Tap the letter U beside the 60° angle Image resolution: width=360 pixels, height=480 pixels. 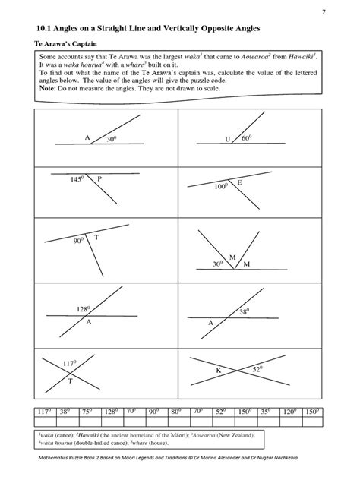(x=227, y=139)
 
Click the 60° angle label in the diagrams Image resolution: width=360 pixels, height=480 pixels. (x=246, y=139)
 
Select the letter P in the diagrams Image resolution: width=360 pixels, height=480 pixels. (x=99, y=179)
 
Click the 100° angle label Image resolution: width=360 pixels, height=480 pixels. (x=221, y=186)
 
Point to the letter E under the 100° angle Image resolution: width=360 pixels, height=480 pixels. (x=239, y=183)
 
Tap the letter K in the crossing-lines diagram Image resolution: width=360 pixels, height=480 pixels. (x=218, y=370)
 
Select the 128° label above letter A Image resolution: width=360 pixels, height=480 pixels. (x=84, y=309)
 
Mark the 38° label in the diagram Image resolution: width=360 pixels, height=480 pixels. (x=244, y=311)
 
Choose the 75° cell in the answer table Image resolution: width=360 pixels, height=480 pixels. (x=87, y=412)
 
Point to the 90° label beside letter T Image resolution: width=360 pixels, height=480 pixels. (x=78, y=240)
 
